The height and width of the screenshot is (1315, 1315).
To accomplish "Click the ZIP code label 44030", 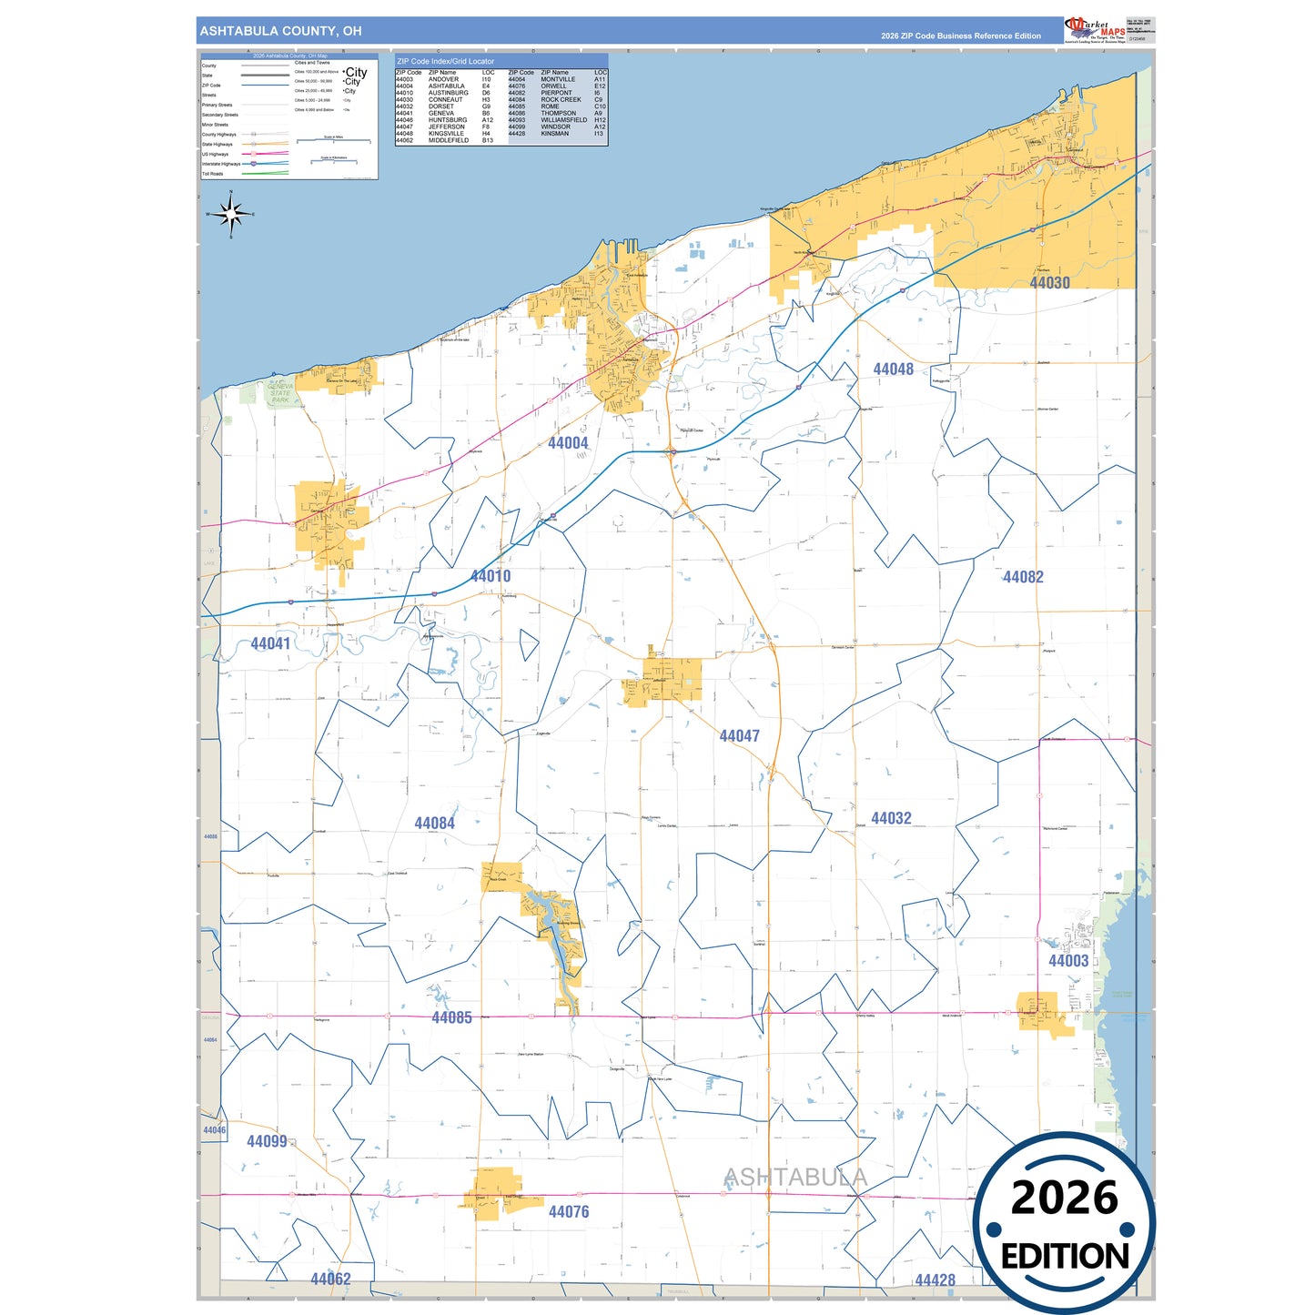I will coord(1049,283).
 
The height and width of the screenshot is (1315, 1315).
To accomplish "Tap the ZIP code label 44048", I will coord(893,369).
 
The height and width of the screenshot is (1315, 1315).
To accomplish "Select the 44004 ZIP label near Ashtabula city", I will coord(568,443).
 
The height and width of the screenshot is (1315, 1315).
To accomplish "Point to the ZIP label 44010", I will coord(491,576).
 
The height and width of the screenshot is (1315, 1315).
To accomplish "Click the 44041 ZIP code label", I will coord(270,644).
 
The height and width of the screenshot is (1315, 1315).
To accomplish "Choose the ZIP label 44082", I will coord(1023,577).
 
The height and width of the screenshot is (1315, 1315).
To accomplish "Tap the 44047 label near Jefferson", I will coord(739,736).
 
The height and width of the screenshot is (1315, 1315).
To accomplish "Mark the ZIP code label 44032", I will coord(891,818).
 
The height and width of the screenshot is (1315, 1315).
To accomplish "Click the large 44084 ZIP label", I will coord(434,824).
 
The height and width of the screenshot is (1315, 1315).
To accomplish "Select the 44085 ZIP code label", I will coord(451,1017).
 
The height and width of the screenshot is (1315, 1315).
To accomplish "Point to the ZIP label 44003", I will coord(1068,961).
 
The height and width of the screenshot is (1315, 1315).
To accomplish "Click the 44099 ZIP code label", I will coord(267,1141).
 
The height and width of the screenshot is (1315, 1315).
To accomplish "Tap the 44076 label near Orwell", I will coord(569,1212).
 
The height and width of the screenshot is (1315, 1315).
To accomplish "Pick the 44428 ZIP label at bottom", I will coord(935,1280).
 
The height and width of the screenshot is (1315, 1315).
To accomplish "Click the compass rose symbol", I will coord(231,215).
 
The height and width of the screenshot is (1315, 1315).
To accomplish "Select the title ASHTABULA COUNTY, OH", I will coord(280,31).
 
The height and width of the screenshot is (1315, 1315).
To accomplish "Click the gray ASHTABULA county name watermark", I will coord(794,1178).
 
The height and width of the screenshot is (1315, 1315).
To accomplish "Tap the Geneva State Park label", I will coord(280,393).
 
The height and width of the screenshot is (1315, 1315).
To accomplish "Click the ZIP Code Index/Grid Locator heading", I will coord(445,61).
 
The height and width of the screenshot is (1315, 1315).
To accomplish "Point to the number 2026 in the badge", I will coord(1064,1199).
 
